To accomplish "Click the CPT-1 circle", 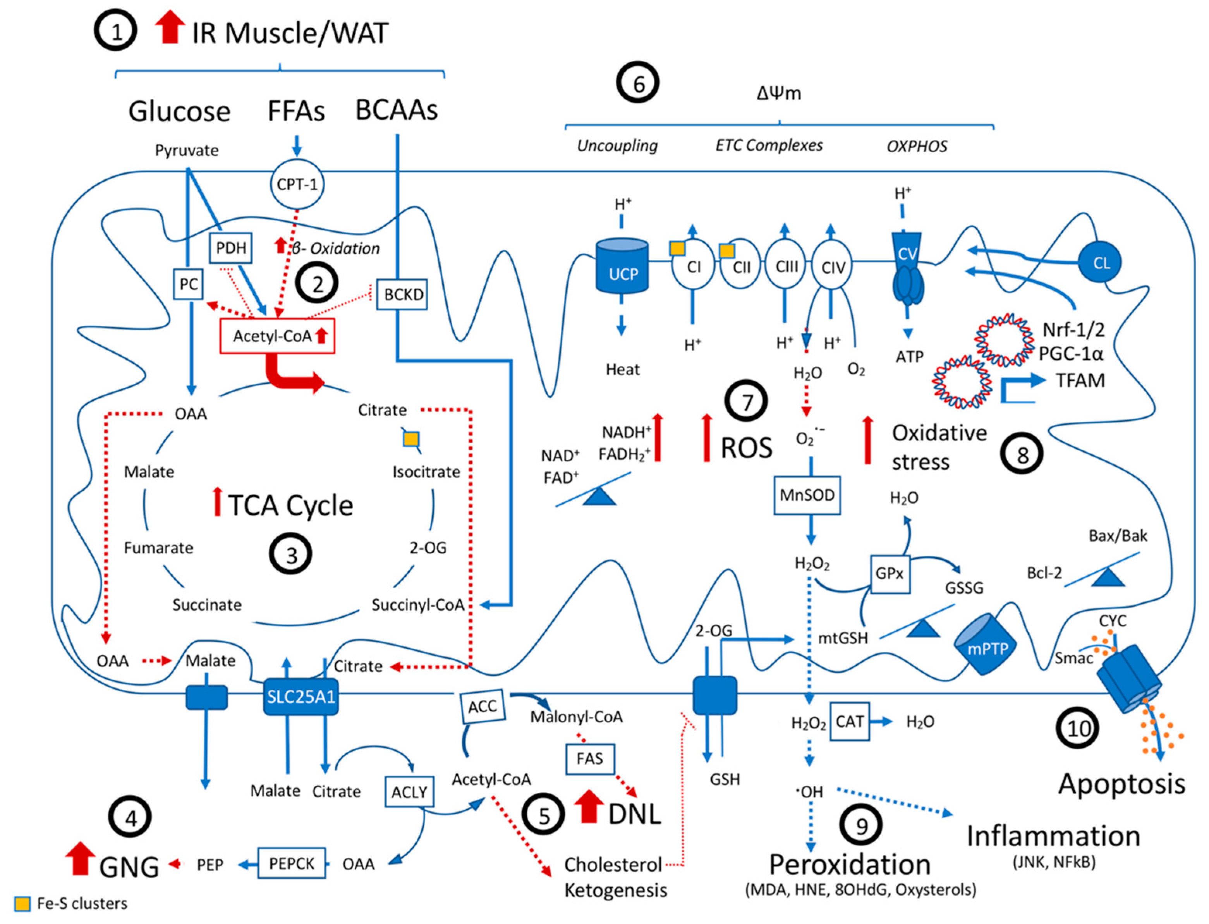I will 297,184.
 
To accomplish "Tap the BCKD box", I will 403,295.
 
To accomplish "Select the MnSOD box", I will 807,495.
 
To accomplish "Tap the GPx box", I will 890,574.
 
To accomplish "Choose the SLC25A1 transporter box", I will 301,697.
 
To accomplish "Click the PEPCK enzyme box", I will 292,864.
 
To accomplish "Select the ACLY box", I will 409,792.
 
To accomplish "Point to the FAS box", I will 590,759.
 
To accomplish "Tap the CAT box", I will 849,721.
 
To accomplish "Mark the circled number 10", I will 1078,729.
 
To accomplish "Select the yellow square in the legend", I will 22,903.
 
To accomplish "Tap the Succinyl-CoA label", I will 418,605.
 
